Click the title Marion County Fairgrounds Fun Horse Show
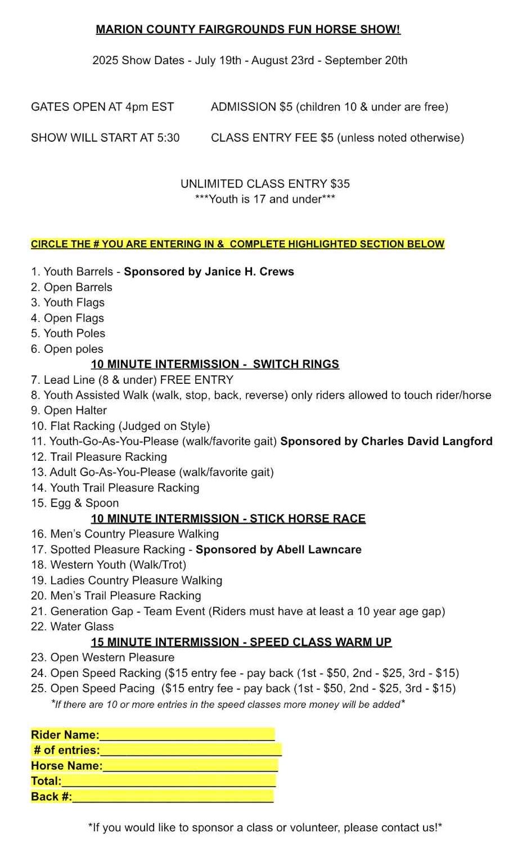coord(247,30)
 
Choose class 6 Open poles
coord(67,349)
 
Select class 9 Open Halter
coord(69,411)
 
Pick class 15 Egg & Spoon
coord(75,503)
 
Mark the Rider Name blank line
coord(187,736)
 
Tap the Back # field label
coord(51,797)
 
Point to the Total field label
coord(46,781)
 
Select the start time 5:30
coord(168,138)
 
